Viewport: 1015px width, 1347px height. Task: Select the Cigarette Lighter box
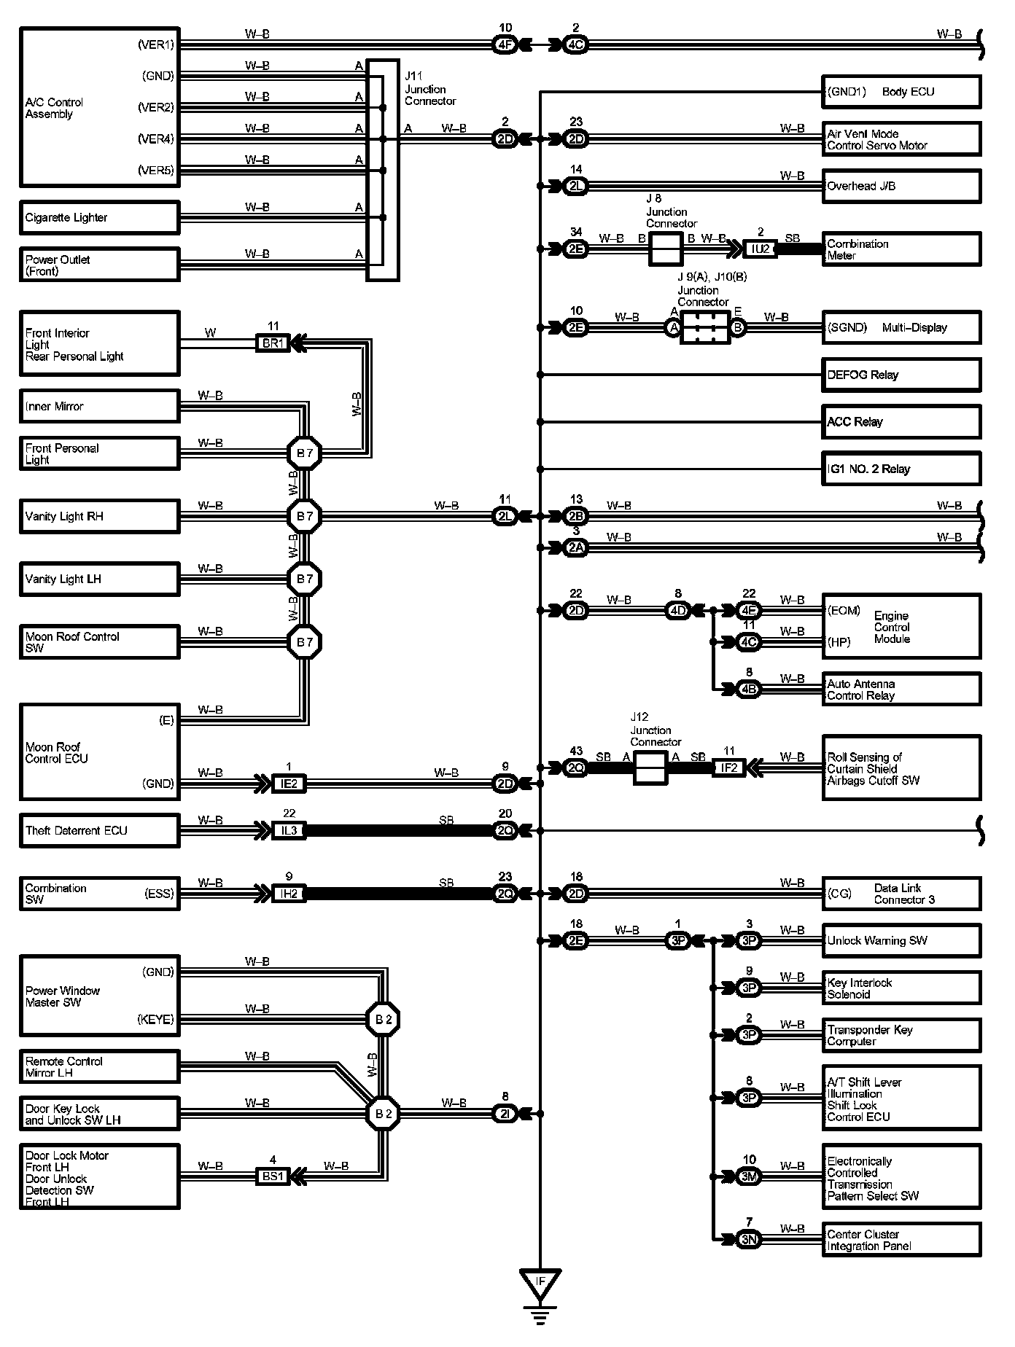(x=99, y=218)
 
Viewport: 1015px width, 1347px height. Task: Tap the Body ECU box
(x=901, y=92)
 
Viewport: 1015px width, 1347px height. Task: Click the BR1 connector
(x=273, y=343)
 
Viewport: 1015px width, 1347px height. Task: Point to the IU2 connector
(x=760, y=249)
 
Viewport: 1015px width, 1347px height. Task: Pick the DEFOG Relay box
(x=901, y=375)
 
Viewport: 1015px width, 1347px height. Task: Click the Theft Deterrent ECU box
(x=99, y=830)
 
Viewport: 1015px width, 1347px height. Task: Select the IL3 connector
(x=289, y=830)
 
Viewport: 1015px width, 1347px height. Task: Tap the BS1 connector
(x=273, y=1176)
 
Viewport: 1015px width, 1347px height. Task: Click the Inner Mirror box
(x=99, y=406)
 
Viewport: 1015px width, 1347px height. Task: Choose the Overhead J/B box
(x=901, y=186)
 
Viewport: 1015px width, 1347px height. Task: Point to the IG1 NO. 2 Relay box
(x=901, y=469)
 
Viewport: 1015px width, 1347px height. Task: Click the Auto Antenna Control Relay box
(x=901, y=690)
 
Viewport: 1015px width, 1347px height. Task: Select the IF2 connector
(x=729, y=768)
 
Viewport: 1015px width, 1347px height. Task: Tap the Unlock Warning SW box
(x=901, y=940)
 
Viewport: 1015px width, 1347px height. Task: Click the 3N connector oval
(x=749, y=1240)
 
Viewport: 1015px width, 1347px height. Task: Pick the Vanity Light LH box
(x=99, y=579)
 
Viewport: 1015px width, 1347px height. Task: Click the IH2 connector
(x=289, y=894)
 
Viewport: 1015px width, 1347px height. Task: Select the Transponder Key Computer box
(x=901, y=1035)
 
